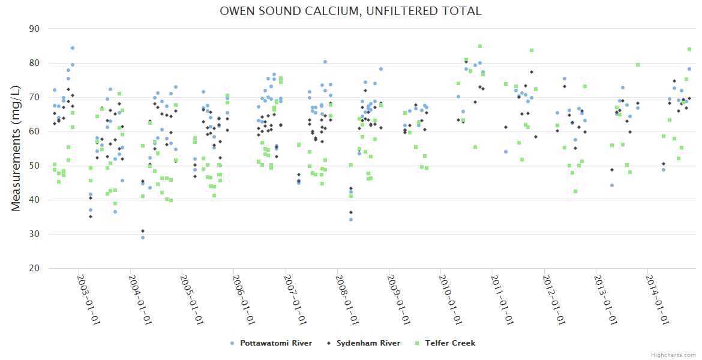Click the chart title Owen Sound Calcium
[x=350, y=11]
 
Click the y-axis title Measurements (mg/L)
[x=16, y=148]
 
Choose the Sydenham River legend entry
[x=368, y=343]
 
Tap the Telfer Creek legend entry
[x=450, y=343]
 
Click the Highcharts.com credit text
[x=673, y=355]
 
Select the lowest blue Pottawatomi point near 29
[x=143, y=238]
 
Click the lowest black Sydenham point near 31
[x=143, y=231]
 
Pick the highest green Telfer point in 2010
[x=480, y=46]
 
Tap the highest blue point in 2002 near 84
[x=73, y=48]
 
